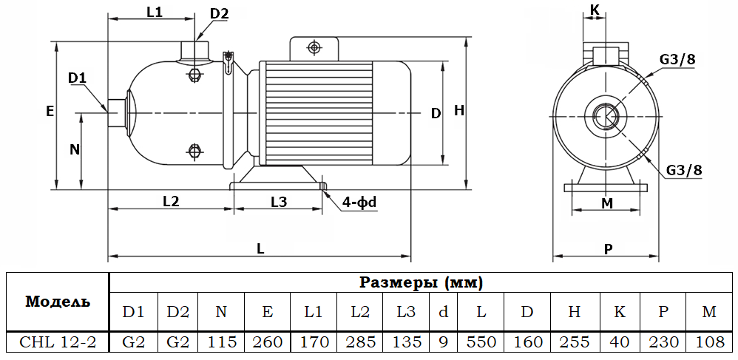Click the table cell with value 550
[x=481, y=342]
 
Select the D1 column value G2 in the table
[x=133, y=342]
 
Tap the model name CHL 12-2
[x=58, y=342]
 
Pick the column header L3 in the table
[x=405, y=312]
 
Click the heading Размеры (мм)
[x=422, y=282]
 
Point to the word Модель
[x=58, y=302]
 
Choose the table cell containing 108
[x=709, y=342]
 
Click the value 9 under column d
[x=443, y=342]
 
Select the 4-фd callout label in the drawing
[x=360, y=202]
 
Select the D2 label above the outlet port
[x=219, y=13]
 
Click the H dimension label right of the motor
[x=458, y=111]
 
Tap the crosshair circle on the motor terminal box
[x=314, y=48]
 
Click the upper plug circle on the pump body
[x=195, y=75]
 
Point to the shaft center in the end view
[x=606, y=117]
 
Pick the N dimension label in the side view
[x=74, y=149]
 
